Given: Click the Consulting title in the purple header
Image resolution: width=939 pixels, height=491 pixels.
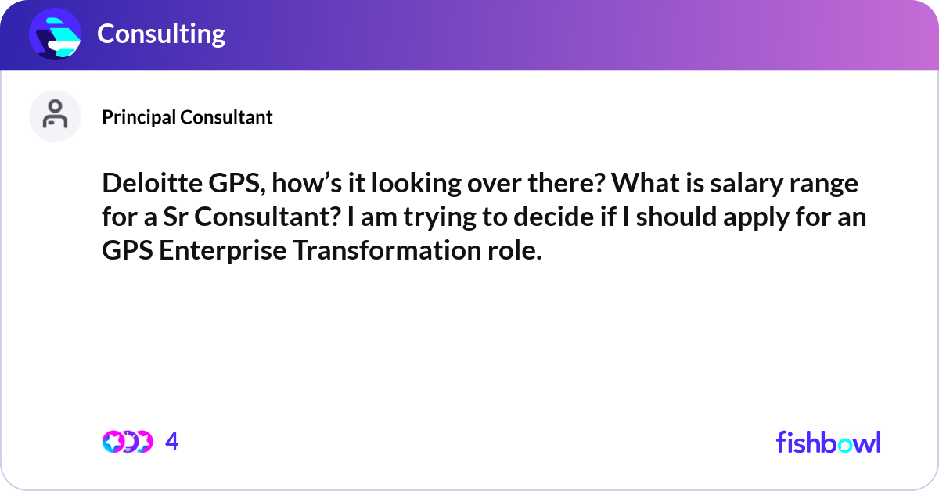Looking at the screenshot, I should point(161,34).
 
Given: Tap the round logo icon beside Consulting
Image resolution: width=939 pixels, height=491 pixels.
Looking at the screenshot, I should point(55,34).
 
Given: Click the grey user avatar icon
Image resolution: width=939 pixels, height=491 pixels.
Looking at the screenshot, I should point(55,116).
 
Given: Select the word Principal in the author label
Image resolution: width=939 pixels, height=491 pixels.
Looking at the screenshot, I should point(139,117).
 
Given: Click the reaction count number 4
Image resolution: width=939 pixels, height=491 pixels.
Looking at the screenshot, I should point(172,442).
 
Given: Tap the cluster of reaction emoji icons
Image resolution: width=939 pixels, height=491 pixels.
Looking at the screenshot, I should point(127,442).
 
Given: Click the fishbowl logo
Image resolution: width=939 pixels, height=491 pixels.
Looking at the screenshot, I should point(828,442).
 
